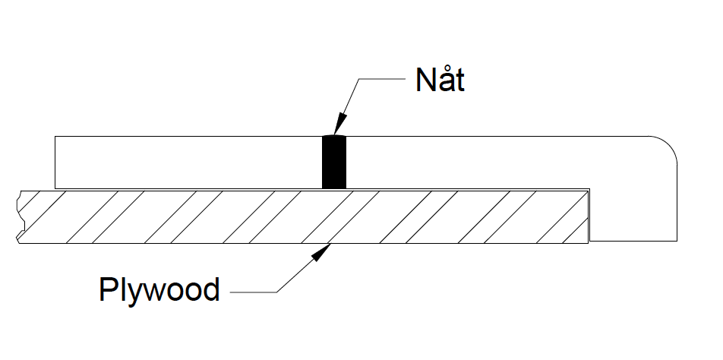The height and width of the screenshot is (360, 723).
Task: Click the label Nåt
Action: point(440,80)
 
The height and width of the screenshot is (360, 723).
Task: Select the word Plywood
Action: point(159,289)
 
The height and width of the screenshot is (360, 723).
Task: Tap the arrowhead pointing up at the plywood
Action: point(324,252)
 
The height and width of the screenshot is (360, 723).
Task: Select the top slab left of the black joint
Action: point(186,161)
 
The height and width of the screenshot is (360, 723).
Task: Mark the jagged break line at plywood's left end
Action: point(21,216)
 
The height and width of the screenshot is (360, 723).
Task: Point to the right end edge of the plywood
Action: point(589,216)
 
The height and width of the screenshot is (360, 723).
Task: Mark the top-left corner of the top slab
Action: point(55,137)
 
